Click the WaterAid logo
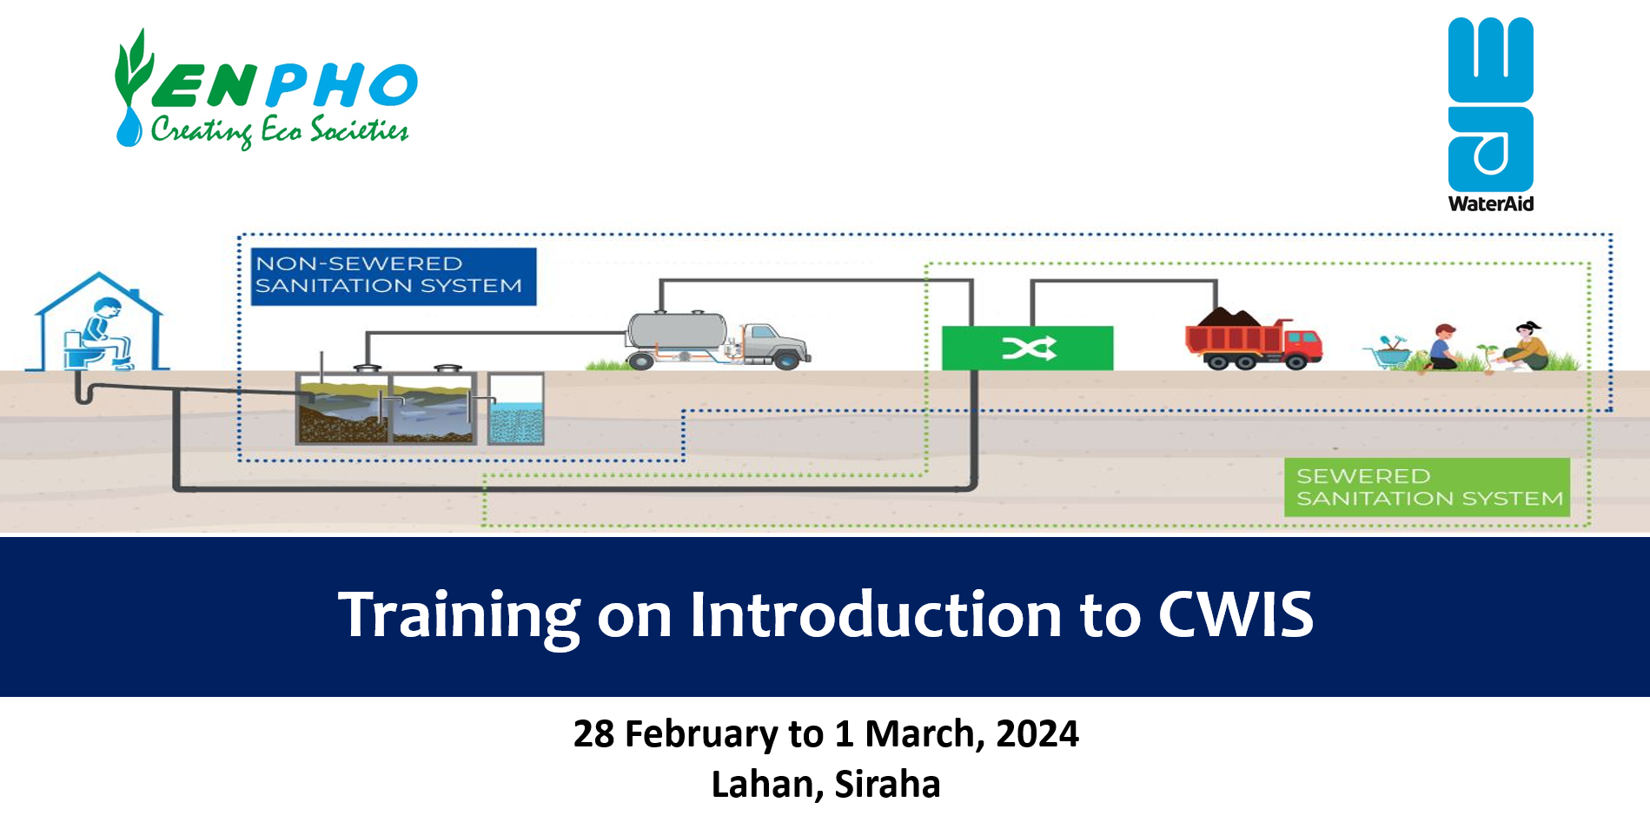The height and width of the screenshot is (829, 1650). [x=1490, y=113]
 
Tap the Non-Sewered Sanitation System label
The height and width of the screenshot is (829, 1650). [x=393, y=275]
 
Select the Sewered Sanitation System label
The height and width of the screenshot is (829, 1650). [x=1427, y=487]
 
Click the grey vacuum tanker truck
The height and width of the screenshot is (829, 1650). [x=718, y=341]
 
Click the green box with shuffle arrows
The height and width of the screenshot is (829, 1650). [x=1027, y=348]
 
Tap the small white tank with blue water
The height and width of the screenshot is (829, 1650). [x=516, y=408]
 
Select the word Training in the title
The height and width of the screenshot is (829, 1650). [x=458, y=615]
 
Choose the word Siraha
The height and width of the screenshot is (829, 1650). [x=887, y=784]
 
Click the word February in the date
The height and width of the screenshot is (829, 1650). [x=701, y=734]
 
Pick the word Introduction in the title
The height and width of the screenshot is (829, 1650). [x=876, y=615]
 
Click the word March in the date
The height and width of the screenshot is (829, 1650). [x=924, y=734]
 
